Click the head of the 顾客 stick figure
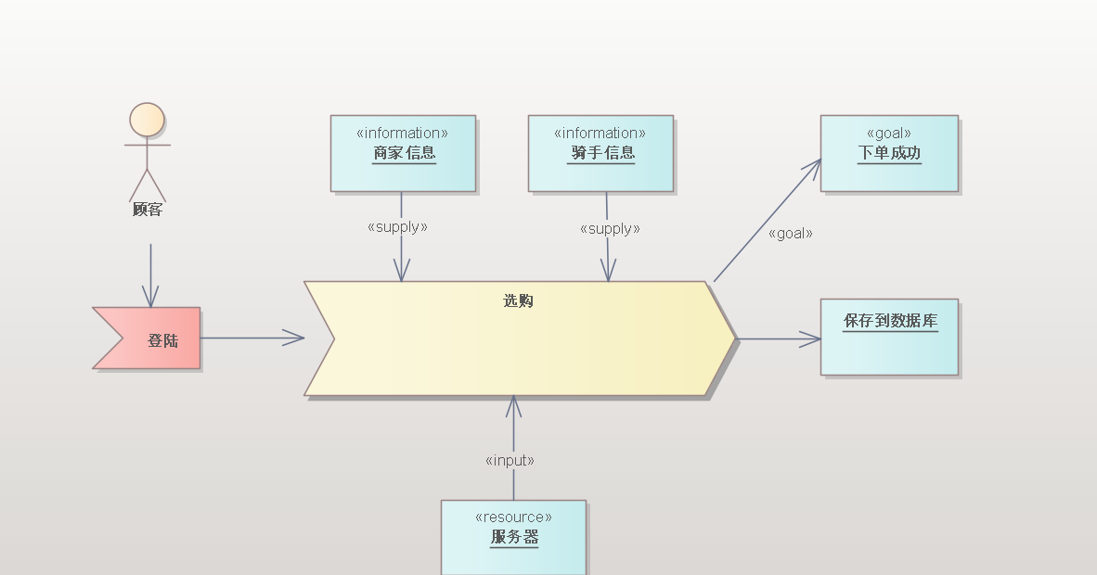click(x=147, y=120)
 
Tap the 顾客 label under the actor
click(x=147, y=210)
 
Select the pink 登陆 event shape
click(x=154, y=339)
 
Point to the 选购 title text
click(x=518, y=300)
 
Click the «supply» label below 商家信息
click(x=397, y=226)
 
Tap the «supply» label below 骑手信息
click(x=610, y=228)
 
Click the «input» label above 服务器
click(x=510, y=460)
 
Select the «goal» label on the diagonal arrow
click(x=790, y=234)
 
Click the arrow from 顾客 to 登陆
click(x=150, y=274)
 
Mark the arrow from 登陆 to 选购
click(x=252, y=339)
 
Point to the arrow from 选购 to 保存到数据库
click(x=778, y=339)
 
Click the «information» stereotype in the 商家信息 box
click(x=403, y=133)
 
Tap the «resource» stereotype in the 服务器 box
click(x=513, y=517)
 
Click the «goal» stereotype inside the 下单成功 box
click(x=888, y=133)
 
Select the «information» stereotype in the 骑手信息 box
click(x=600, y=133)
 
